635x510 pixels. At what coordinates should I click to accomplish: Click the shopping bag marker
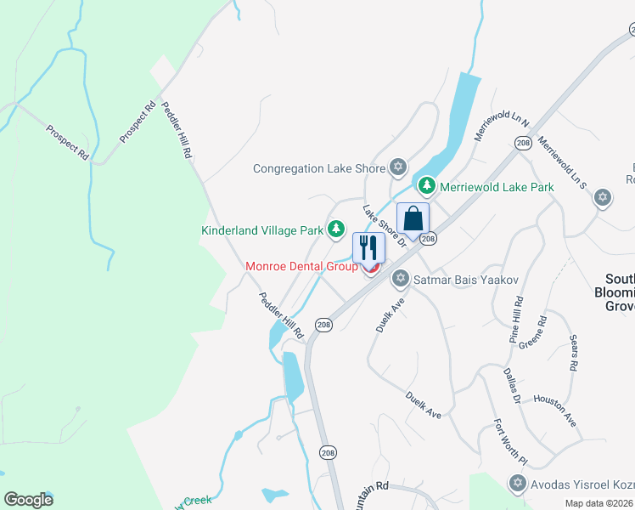click(413, 219)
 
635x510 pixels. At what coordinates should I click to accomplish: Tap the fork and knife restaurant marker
click(368, 247)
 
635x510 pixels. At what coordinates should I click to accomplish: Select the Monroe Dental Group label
click(301, 266)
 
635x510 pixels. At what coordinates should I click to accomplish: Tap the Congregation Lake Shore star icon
click(397, 167)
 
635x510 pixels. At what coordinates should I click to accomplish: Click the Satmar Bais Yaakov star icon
click(400, 279)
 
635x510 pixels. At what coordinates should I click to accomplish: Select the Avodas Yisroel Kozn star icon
click(516, 484)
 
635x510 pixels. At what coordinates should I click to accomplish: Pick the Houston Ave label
click(555, 409)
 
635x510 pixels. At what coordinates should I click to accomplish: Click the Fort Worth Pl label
click(511, 443)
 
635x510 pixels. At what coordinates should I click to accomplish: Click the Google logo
click(29, 500)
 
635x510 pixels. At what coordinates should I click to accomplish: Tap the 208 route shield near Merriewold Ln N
click(523, 144)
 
